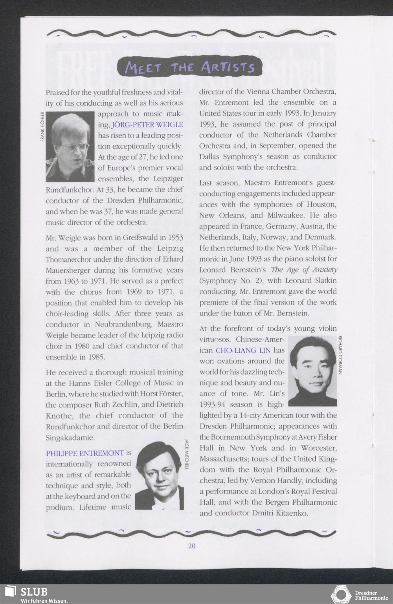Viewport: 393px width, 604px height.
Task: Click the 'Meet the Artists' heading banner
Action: coord(190,67)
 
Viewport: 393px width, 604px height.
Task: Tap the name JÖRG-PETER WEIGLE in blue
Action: coord(147,125)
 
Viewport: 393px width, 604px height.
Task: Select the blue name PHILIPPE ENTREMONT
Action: coord(85,453)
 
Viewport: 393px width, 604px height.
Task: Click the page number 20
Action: coord(191,546)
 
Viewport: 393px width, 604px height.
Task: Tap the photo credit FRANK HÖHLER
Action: coord(42,127)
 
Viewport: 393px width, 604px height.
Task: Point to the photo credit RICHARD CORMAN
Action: coord(340,355)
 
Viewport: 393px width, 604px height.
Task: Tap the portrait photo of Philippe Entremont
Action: coord(159,476)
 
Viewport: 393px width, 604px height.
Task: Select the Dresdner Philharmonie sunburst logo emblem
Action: coord(341,595)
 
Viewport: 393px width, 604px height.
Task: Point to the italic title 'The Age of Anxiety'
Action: coord(304,270)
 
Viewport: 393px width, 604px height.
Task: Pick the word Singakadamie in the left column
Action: coord(70,437)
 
